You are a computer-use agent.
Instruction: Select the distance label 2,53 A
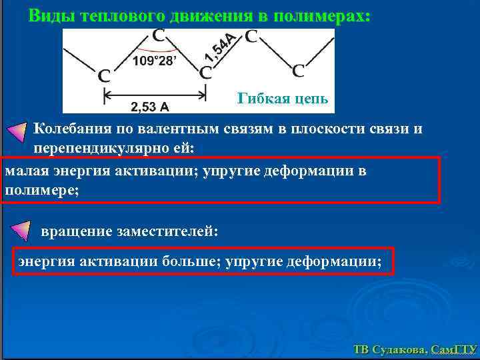(149, 105)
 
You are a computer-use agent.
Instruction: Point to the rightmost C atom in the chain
(299, 70)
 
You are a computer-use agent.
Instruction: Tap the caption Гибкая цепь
(283, 99)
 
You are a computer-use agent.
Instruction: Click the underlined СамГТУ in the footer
(453, 349)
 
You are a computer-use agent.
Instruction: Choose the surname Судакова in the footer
(399, 349)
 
